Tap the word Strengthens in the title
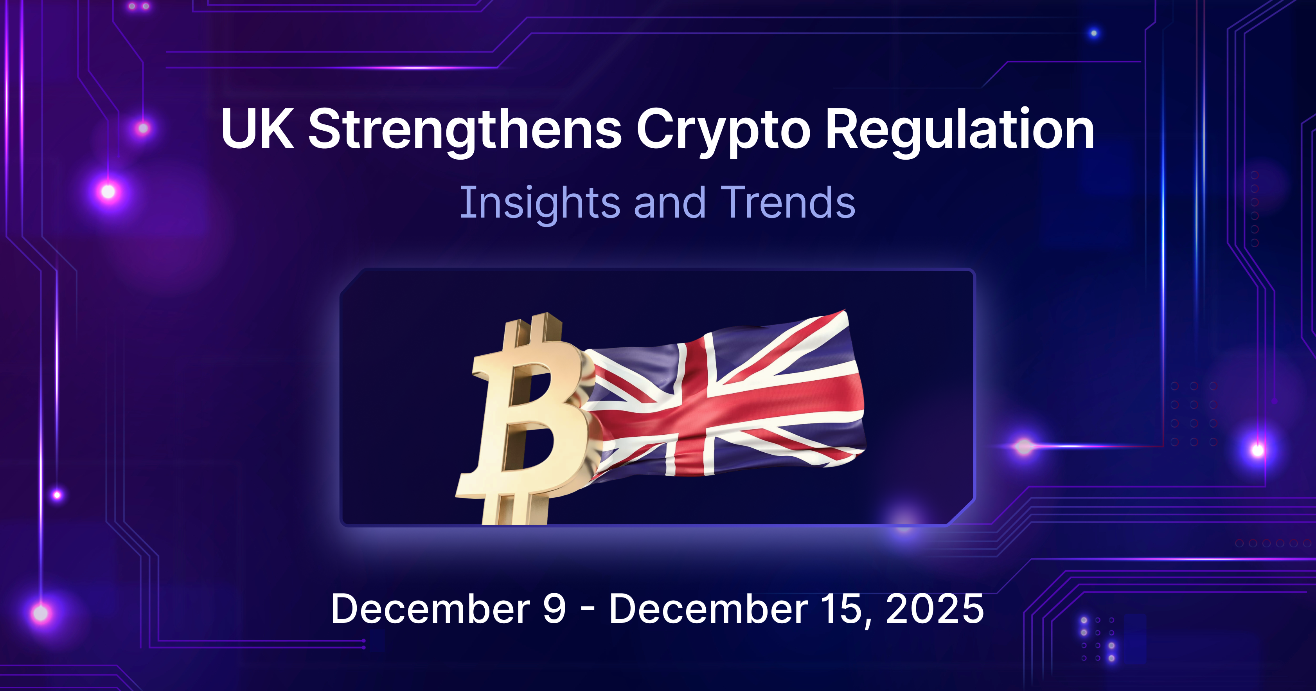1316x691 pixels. click(465, 130)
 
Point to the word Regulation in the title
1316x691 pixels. click(959, 130)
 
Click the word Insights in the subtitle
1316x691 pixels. click(539, 203)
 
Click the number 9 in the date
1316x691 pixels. click(554, 609)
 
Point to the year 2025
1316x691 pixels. click(935, 609)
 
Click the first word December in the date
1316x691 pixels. click(430, 609)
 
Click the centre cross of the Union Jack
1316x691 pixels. click(695, 404)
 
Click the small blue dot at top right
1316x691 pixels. click(1094, 33)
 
